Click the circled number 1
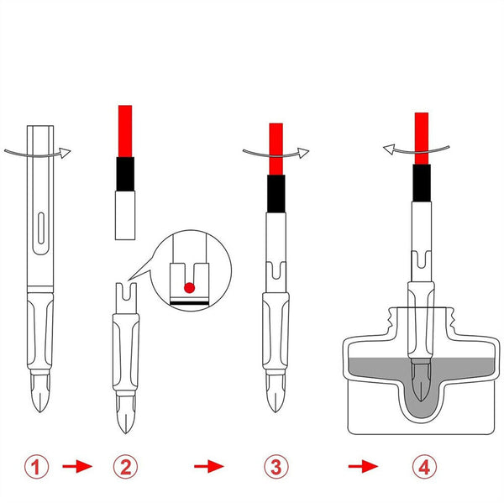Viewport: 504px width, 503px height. (37, 467)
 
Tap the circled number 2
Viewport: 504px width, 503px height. (125, 467)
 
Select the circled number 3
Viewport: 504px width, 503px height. (276, 467)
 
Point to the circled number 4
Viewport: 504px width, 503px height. (424, 467)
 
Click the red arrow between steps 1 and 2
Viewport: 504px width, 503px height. (77, 466)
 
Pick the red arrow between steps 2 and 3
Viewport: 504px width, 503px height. (209, 466)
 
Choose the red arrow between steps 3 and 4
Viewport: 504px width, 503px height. (363, 466)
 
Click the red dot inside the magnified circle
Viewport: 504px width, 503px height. (190, 288)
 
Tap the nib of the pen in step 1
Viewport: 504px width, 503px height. (39, 392)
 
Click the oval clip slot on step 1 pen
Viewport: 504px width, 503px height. (41, 228)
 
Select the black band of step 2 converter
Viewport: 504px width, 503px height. (125, 174)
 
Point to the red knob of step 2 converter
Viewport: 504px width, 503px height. (125, 131)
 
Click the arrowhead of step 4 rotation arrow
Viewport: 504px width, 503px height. (389, 149)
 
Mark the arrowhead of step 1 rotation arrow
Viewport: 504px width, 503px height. (65, 153)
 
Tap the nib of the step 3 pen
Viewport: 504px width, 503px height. (276, 393)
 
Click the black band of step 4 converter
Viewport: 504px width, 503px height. (422, 183)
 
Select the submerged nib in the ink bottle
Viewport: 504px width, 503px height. (421, 381)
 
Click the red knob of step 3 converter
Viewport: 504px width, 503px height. (276, 149)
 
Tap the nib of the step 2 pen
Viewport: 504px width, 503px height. (125, 414)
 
